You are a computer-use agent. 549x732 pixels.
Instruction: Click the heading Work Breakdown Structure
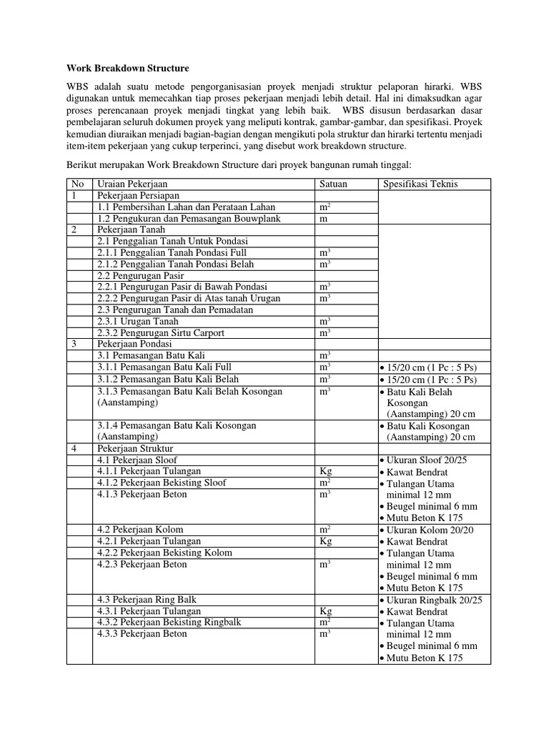click(127, 69)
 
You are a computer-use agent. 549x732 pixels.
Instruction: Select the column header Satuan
click(333, 184)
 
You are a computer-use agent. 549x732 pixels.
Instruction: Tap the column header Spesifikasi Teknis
click(421, 184)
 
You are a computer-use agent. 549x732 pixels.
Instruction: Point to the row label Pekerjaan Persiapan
click(139, 195)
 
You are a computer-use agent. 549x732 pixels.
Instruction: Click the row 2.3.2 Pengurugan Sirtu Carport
click(162, 333)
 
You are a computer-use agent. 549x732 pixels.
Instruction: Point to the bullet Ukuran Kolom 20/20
click(430, 530)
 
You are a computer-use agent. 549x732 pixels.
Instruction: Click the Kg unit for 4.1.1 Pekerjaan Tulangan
click(326, 471)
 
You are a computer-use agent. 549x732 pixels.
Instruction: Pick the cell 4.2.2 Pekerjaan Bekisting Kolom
click(162, 553)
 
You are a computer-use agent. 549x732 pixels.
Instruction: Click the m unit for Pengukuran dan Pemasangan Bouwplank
click(323, 218)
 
